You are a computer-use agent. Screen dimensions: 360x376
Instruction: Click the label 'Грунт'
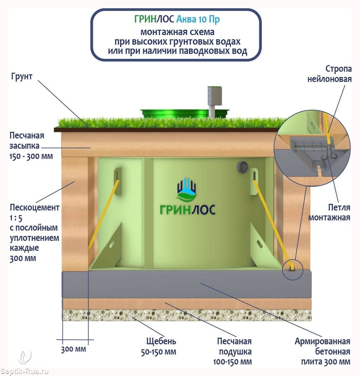click(21, 77)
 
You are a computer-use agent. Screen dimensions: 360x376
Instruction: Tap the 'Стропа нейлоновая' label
click(330, 74)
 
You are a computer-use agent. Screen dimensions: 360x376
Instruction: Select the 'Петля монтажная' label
click(329, 212)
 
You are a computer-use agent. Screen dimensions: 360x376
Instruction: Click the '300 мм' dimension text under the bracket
click(73, 349)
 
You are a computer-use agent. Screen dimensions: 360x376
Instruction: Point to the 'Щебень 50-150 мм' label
click(158, 347)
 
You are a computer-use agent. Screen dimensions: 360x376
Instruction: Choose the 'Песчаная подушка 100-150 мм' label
click(232, 352)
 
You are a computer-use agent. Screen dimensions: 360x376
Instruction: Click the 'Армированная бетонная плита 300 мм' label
click(323, 352)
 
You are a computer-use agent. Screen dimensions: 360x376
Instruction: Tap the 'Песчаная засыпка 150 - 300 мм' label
click(31, 146)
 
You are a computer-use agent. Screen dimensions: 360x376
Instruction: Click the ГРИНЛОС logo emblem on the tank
click(187, 190)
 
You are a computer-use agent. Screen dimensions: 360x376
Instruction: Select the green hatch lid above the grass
click(184, 113)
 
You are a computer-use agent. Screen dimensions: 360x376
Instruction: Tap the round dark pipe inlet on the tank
click(242, 167)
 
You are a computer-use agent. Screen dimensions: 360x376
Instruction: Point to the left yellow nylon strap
click(104, 215)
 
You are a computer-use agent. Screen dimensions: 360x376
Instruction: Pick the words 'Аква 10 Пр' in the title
click(198, 19)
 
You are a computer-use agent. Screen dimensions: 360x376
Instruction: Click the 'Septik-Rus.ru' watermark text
click(24, 371)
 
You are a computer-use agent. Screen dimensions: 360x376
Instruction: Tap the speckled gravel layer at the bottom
click(187, 315)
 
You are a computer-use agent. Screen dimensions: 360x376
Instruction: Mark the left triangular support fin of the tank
click(105, 247)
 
